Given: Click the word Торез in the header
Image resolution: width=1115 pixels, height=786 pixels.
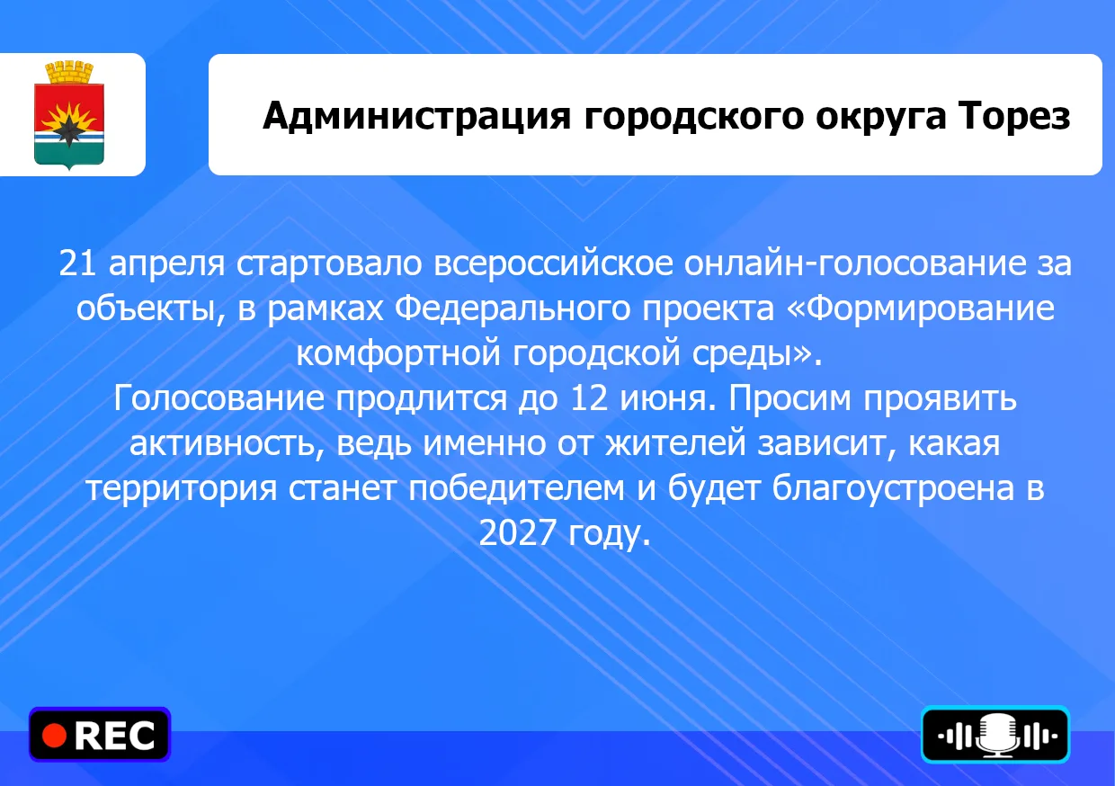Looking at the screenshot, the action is tap(1014, 115).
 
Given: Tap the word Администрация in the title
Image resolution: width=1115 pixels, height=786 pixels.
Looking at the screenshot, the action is tap(416, 117).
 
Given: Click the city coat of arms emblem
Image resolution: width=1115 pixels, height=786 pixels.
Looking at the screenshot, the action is tap(68, 115).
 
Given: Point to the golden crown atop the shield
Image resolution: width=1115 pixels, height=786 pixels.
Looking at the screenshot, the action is tap(68, 72).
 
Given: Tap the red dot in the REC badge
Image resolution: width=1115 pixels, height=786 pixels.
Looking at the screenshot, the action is tap(54, 736).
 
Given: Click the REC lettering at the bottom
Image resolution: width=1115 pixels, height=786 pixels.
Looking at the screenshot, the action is tap(114, 736).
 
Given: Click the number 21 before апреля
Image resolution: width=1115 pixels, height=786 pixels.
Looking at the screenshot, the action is tap(77, 263).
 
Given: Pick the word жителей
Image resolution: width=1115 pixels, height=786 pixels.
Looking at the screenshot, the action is tap(675, 444).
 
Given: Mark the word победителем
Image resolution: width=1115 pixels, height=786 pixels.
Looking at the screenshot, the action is tap(516, 487).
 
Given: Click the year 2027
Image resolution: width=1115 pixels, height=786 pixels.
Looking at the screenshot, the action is tap(517, 532).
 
